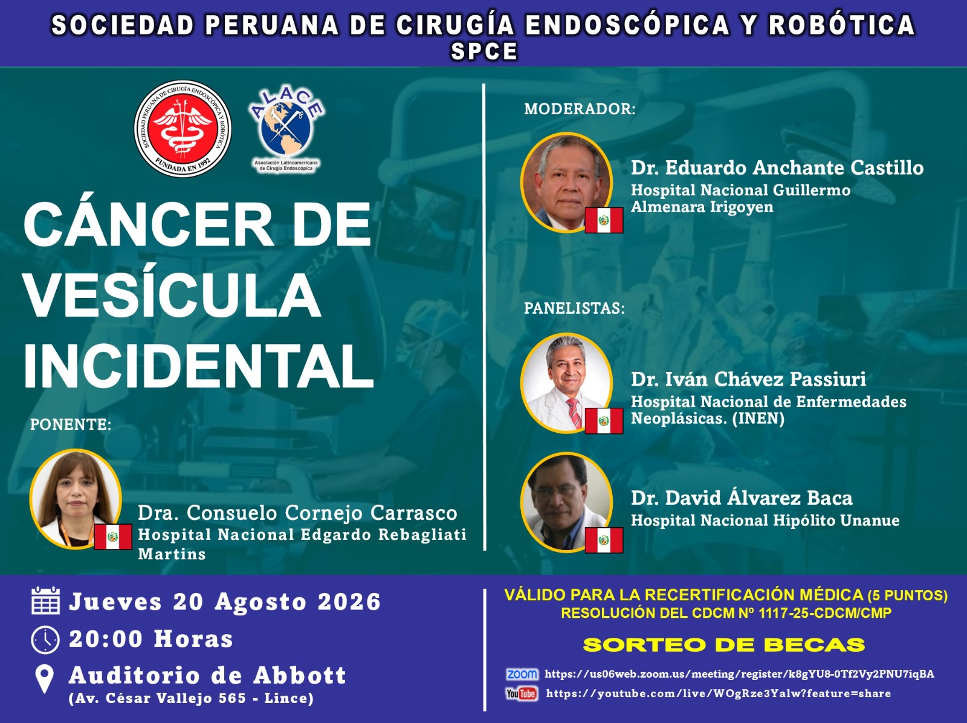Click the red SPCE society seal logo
coord(183,129)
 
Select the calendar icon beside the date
coord(45,600)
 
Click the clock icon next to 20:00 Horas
coord(45,640)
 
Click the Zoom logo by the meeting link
coord(522,674)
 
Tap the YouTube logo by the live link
coord(522,694)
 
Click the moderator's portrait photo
coord(566,183)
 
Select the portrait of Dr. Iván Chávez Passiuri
coord(566,383)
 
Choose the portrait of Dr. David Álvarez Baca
coord(566,502)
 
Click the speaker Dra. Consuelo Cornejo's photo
coord(76,499)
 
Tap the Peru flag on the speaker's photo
coord(113,537)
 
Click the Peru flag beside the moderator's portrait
coord(604,220)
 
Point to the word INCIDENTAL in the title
coord(199,366)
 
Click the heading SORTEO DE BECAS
coord(724,645)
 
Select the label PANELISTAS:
coord(575,308)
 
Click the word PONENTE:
coord(71,424)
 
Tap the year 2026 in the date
coord(349,602)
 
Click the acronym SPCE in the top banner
coord(484,51)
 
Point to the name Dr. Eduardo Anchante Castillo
coord(777,167)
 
